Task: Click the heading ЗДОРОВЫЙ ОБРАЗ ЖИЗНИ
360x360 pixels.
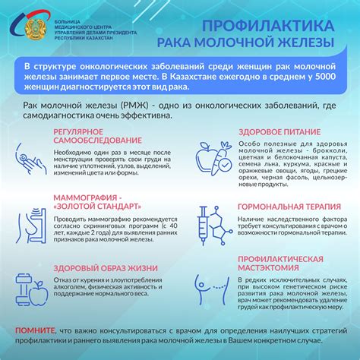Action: [x=101, y=267]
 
